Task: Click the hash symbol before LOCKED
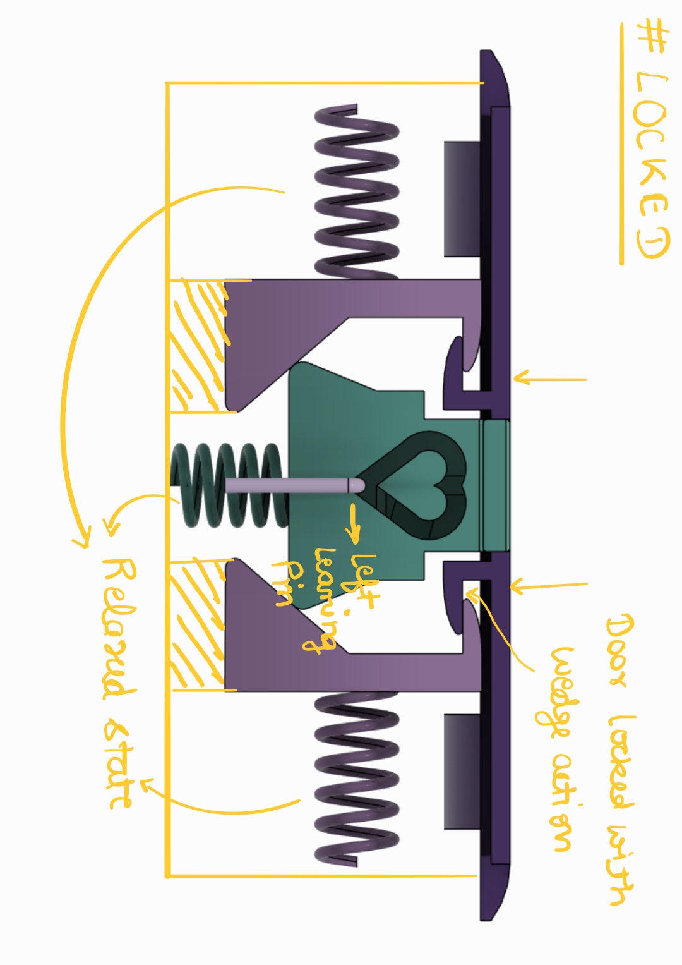(652, 41)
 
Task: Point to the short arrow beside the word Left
(354, 523)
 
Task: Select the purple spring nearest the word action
(357, 779)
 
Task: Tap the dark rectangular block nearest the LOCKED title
(462, 199)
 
